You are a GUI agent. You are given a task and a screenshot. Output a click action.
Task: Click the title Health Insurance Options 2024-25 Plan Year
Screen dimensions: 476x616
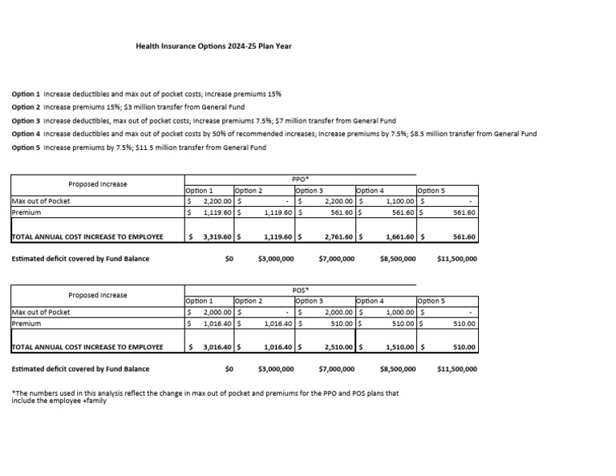click(x=213, y=46)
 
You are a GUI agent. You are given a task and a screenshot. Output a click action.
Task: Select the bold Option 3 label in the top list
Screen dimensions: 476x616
click(x=26, y=120)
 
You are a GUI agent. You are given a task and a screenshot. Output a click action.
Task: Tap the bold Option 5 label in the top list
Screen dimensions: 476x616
click(x=26, y=147)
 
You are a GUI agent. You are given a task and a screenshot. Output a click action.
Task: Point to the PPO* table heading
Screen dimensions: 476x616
click(x=301, y=180)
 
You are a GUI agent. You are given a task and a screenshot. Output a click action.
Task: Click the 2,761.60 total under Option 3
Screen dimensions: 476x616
click(x=339, y=237)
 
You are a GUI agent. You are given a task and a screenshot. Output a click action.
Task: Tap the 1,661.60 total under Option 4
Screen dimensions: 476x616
click(x=399, y=237)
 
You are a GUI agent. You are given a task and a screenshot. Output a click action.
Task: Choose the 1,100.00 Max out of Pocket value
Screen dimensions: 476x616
click(x=399, y=202)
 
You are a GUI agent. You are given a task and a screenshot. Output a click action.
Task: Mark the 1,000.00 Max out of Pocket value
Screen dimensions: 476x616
click(x=399, y=313)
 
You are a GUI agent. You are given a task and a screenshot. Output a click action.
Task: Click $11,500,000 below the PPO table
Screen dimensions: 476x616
click(x=457, y=259)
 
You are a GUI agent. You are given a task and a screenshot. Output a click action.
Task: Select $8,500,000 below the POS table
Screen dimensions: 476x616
click(x=398, y=369)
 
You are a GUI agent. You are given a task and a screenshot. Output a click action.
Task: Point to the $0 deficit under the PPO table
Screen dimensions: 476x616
click(x=229, y=259)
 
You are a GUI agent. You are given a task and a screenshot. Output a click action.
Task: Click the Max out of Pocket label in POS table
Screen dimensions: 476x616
click(x=41, y=313)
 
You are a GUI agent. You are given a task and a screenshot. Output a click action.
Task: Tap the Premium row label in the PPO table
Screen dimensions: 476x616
click(x=26, y=213)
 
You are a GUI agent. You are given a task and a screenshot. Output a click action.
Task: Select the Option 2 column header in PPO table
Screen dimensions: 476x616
click(x=248, y=191)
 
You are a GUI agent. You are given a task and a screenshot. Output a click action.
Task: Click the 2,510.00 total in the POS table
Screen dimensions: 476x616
click(x=339, y=348)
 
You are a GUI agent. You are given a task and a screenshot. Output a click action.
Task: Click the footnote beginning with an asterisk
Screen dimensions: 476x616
click(x=205, y=397)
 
